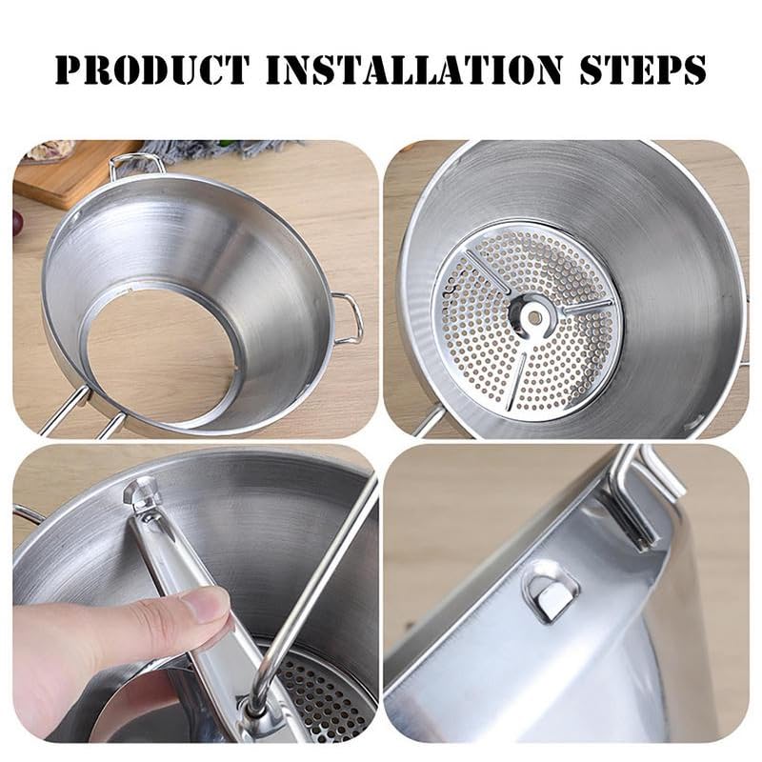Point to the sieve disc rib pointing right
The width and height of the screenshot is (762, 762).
pyautogui.click(x=585, y=308)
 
